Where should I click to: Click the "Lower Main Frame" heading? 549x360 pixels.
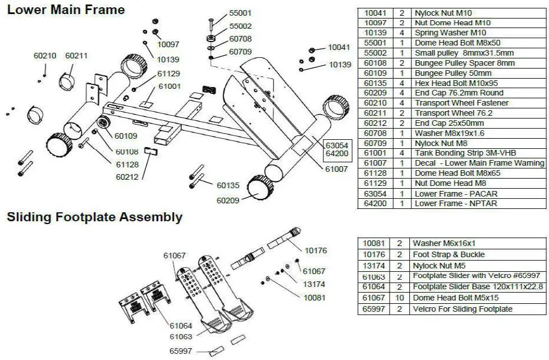(x=66, y=10)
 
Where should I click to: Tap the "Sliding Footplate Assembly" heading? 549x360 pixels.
(x=94, y=217)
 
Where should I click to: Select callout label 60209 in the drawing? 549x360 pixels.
(x=228, y=199)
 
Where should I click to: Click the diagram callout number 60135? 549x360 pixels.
(x=228, y=185)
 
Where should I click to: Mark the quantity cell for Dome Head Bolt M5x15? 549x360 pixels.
(x=400, y=298)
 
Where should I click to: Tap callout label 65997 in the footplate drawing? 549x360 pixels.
(x=181, y=351)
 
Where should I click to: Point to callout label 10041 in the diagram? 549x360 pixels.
(x=339, y=48)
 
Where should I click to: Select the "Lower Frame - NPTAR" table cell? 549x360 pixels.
(x=455, y=203)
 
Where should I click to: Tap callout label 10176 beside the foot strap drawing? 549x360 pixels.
(x=315, y=250)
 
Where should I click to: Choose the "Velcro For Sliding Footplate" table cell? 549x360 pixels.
(x=463, y=309)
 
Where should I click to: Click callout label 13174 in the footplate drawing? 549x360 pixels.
(x=314, y=284)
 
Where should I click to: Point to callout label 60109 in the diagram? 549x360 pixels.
(x=126, y=135)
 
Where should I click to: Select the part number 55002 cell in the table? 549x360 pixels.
(x=375, y=53)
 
